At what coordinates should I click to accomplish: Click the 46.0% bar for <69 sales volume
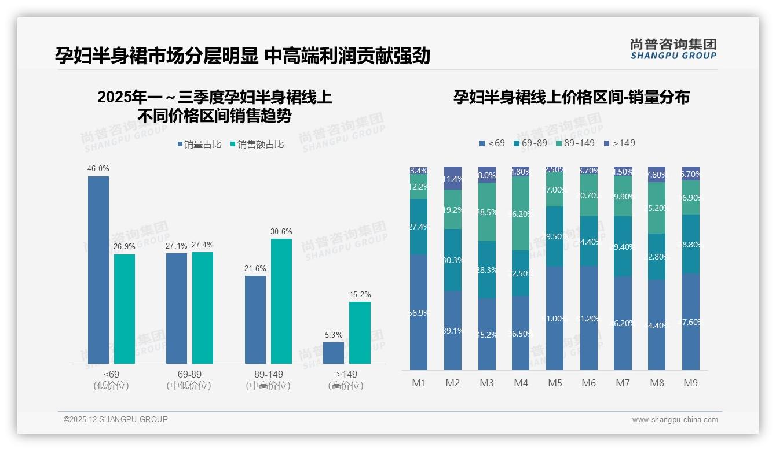pos(98,269)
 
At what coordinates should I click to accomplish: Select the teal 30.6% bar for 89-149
pos(281,301)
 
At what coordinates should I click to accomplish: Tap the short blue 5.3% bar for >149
pos(334,353)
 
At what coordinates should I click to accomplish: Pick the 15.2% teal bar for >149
pos(360,332)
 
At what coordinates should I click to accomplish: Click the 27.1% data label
pos(176,246)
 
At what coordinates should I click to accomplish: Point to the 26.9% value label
pos(125,247)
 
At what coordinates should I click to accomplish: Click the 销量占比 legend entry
pos(199,145)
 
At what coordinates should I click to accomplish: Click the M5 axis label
pos(555,383)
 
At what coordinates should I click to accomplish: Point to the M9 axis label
pos(690,383)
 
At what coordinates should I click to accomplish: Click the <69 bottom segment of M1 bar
pos(419,312)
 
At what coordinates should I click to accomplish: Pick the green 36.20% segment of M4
pos(521,213)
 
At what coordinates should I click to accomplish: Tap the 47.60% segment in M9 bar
pos(690,321)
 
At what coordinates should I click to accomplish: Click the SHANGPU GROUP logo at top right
pos(673,49)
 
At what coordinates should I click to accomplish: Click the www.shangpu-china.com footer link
pos(675,420)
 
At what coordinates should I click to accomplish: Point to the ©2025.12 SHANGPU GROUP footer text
pos(116,419)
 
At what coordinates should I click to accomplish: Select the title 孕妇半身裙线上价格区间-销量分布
pos(571,97)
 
